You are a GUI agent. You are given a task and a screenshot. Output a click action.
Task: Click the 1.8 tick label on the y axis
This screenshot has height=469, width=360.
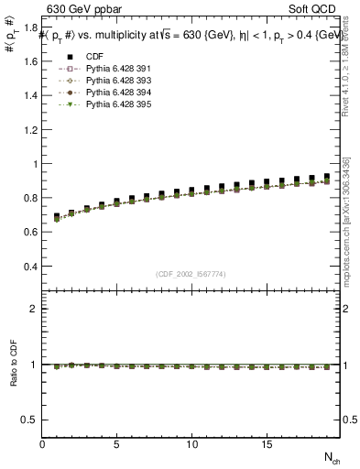30,28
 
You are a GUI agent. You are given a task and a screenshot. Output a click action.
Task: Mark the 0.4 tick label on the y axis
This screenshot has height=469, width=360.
30,267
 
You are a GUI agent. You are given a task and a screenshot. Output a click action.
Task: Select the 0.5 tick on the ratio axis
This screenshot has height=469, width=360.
30,420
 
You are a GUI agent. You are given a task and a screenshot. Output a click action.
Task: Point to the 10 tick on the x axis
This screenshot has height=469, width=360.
192,444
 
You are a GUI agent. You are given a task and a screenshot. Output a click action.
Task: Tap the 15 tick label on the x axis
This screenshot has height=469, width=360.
267,444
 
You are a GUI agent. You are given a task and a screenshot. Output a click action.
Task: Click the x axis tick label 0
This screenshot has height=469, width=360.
42,444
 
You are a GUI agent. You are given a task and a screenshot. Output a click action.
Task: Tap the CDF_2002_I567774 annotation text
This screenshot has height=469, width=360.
191,274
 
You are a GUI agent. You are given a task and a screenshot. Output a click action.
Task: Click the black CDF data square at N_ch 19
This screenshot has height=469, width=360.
326,177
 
